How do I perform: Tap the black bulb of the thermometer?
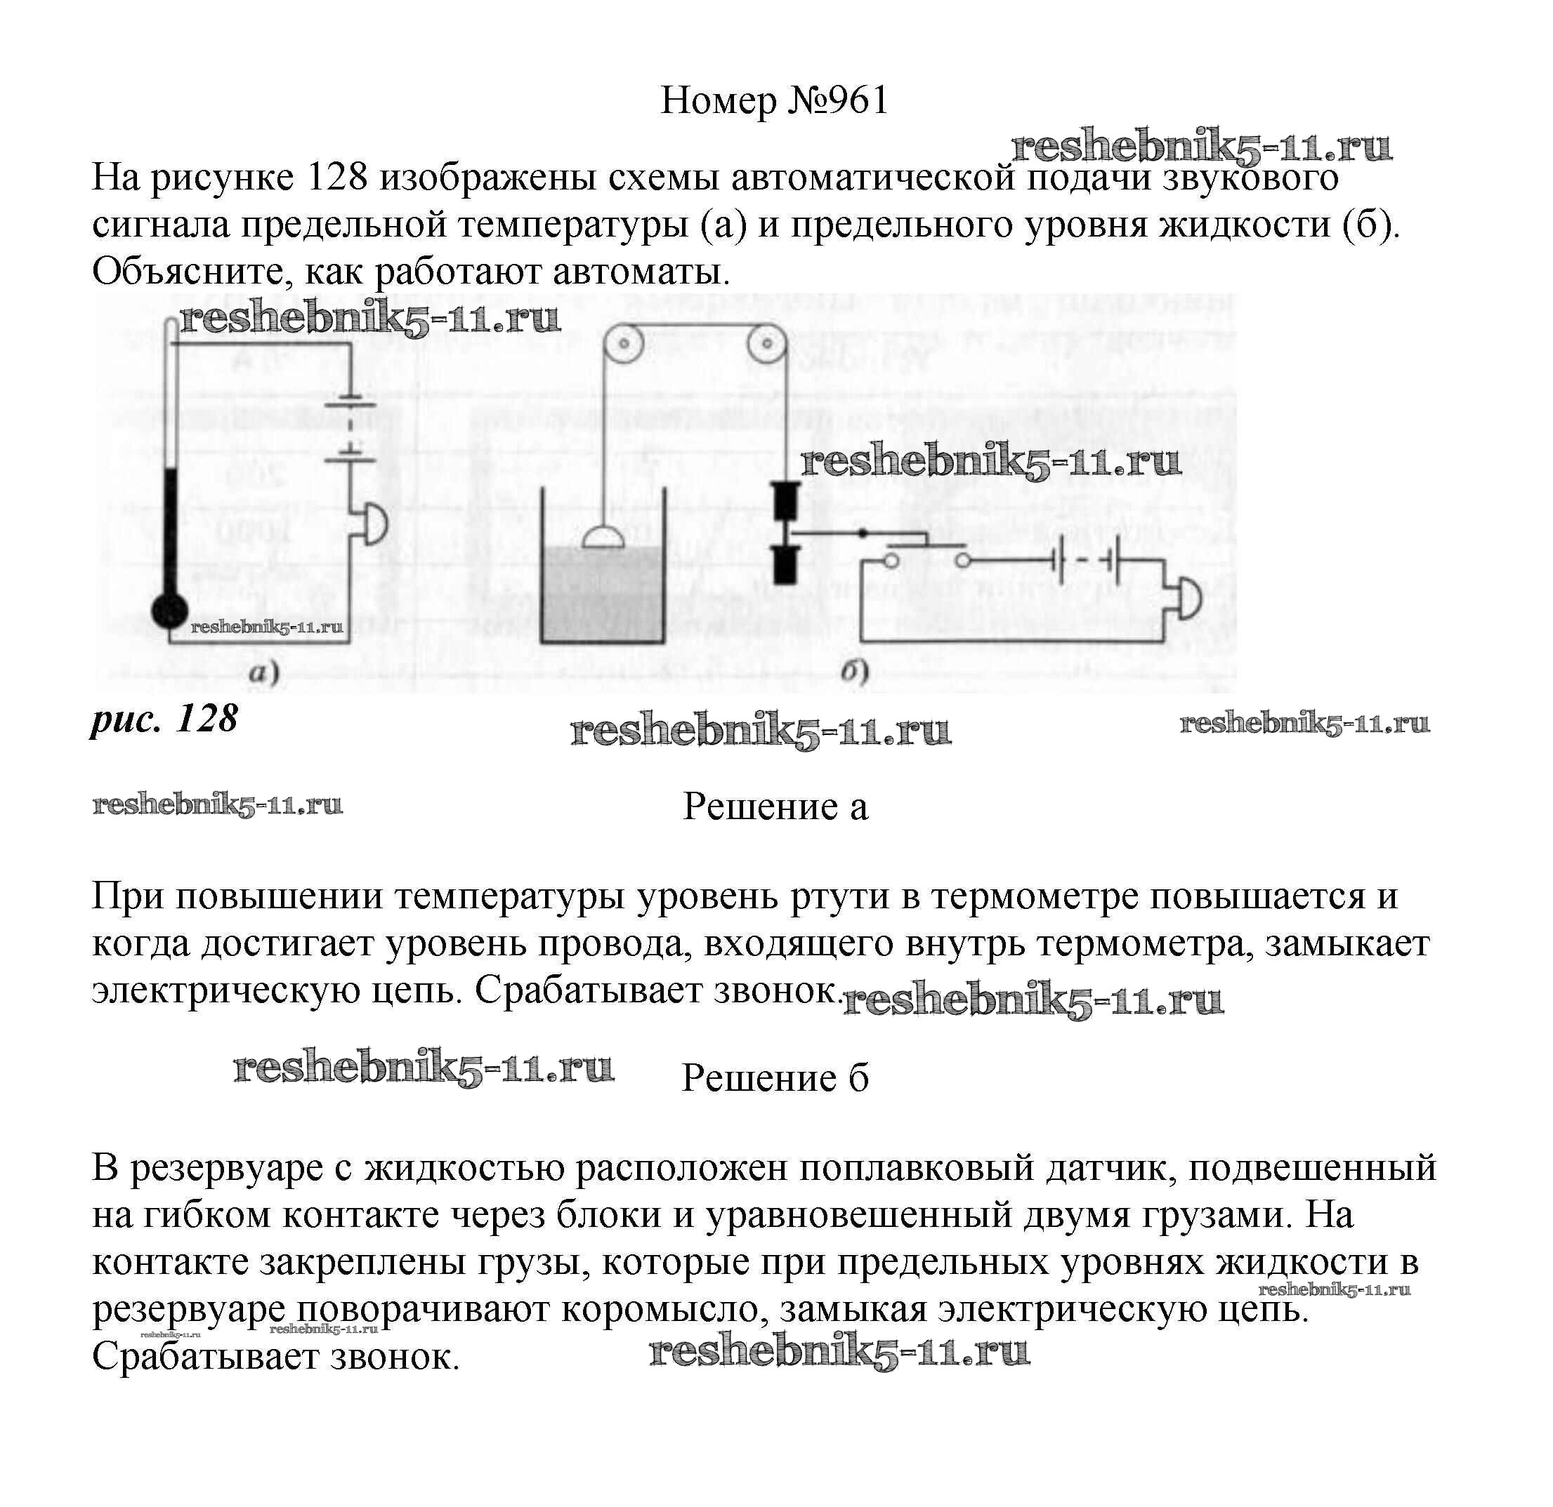click(x=169, y=611)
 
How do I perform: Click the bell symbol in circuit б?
click(x=1188, y=599)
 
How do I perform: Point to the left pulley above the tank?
click(x=624, y=345)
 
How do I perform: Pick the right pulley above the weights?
click(x=766, y=345)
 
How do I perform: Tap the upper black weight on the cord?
click(x=785, y=500)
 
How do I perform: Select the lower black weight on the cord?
click(x=785, y=564)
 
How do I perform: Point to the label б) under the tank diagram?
click(x=855, y=673)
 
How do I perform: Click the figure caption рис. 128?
click(x=165, y=719)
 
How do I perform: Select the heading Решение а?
click(x=775, y=806)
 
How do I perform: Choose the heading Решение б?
click(x=775, y=1078)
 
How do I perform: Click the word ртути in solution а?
click(x=842, y=896)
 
